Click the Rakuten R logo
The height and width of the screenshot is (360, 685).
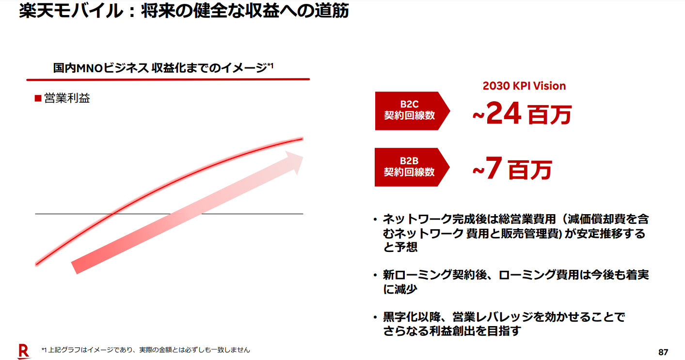click(x=23, y=351)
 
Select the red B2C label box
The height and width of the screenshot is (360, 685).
click(x=410, y=110)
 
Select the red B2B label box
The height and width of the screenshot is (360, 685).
click(x=410, y=167)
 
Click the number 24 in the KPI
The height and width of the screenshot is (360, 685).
click(x=503, y=114)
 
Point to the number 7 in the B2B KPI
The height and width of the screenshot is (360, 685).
click(x=494, y=169)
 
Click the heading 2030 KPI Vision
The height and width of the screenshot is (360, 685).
click(x=524, y=86)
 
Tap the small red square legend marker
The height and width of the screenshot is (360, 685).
click(x=37, y=99)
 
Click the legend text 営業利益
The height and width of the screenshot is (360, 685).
click(x=67, y=98)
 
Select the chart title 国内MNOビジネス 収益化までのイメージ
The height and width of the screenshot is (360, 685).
click(x=160, y=68)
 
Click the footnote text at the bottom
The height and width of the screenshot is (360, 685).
click(x=145, y=349)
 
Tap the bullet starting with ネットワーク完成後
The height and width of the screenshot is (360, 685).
click(x=514, y=233)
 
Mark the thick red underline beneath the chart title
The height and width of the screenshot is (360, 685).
click(x=168, y=79)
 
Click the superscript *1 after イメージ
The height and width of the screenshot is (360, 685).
click(x=270, y=65)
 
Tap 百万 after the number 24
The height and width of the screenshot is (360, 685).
click(x=549, y=116)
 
